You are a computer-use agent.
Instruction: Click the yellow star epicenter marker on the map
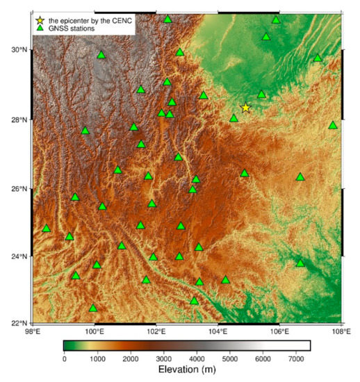[x=245, y=108]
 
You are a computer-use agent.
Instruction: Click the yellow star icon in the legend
[x=40, y=20]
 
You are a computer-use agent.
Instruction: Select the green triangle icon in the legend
[x=40, y=29]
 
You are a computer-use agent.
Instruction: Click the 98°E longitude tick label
[x=33, y=332]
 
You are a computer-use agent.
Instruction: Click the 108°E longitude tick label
[x=341, y=332]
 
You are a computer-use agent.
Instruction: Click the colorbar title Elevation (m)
[x=187, y=369]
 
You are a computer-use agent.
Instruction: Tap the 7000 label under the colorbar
[x=294, y=358]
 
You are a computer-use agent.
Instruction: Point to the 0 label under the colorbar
[x=65, y=358]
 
